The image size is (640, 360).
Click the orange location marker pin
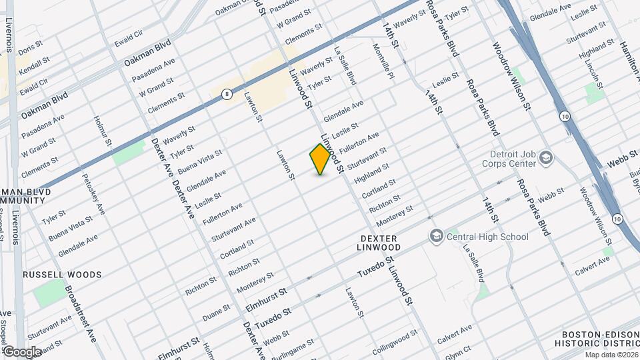[320, 159]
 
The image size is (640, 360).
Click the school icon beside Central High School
[436, 236]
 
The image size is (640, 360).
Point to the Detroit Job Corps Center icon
[546, 158]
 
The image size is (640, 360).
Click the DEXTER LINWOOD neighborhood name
[379, 244]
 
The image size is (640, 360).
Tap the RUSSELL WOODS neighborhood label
[62, 275]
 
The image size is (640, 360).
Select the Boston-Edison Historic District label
[597, 339]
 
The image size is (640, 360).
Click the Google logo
[21, 351]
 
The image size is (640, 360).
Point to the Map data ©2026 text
[611, 355]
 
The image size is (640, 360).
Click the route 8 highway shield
[228, 94]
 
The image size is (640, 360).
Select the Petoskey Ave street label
[93, 193]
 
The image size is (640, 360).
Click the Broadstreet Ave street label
[81, 313]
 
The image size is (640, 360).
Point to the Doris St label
[30, 49]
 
